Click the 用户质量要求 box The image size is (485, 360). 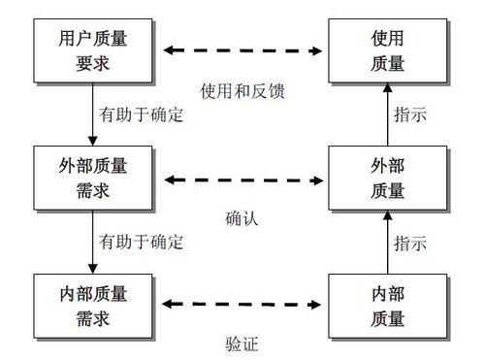[92, 49]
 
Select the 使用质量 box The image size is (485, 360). [387, 49]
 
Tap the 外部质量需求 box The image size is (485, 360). [92, 177]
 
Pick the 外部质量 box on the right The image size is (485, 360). [387, 177]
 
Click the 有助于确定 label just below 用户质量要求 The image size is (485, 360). [142, 115]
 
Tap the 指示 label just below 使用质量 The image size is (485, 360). [410, 115]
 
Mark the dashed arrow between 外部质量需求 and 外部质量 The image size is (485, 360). [242, 178]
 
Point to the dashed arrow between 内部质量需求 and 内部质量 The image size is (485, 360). [242, 304]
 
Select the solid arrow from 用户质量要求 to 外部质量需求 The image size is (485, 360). [92, 113]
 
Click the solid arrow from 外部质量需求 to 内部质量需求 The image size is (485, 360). [92, 240]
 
